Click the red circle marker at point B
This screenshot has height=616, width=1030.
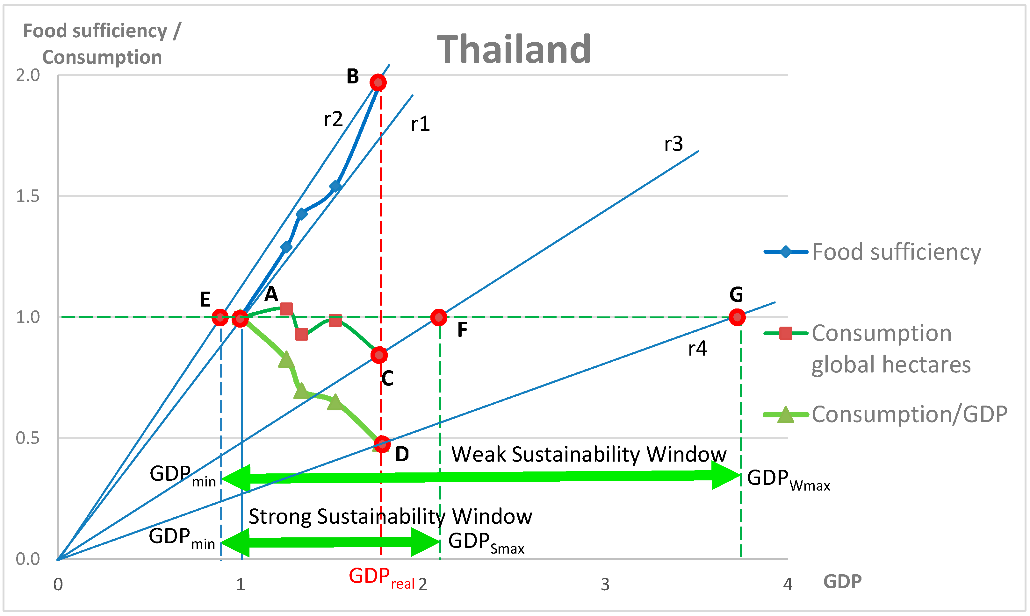pyautogui.click(x=378, y=82)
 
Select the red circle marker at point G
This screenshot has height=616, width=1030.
pyautogui.click(x=737, y=317)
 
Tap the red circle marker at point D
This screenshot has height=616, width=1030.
pyautogui.click(x=382, y=444)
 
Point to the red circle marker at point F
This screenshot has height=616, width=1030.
pyautogui.click(x=439, y=317)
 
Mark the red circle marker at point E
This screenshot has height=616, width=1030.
pyautogui.click(x=220, y=317)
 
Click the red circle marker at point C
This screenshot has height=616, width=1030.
pyautogui.click(x=379, y=355)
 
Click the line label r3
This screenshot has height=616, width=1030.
pyautogui.click(x=673, y=144)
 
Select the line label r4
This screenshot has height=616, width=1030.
pyautogui.click(x=697, y=348)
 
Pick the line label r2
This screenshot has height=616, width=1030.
pyautogui.click(x=333, y=119)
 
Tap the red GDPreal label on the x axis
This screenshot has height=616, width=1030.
pyautogui.click(x=381, y=577)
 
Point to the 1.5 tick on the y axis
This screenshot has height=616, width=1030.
pyautogui.click(x=28, y=196)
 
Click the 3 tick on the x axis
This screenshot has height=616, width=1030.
pyautogui.click(x=605, y=584)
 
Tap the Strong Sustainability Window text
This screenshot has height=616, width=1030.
pyautogui.click(x=390, y=516)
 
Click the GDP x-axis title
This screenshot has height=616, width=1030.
pyautogui.click(x=842, y=581)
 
